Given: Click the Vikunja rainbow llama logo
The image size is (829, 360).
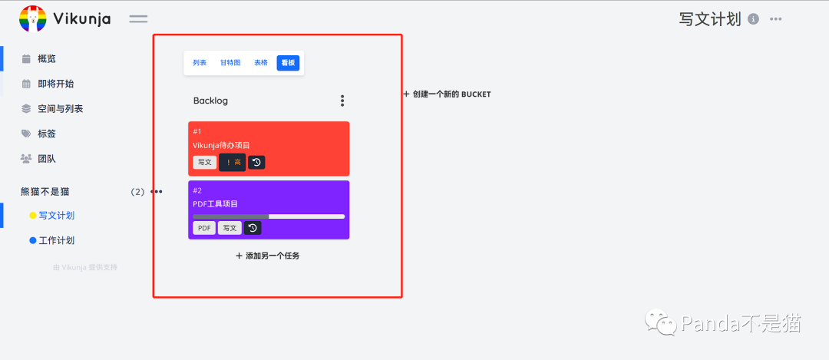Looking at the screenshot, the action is [32, 18].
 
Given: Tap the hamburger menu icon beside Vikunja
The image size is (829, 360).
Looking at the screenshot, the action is [138, 19].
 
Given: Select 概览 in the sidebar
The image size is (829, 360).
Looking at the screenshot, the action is [46, 58].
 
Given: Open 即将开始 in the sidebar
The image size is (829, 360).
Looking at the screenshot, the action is [55, 84].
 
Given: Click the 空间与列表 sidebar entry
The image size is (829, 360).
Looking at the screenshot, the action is [60, 109].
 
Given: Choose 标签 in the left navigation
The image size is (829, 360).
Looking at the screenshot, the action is [46, 134].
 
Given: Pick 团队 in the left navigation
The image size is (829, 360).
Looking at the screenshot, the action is [46, 159].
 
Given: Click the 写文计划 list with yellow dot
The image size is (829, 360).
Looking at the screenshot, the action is [56, 216].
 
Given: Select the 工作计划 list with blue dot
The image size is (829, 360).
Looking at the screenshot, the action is [56, 240].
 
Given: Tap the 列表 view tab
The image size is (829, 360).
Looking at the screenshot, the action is [200, 63].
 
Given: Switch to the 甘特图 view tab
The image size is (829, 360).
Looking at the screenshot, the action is [230, 63].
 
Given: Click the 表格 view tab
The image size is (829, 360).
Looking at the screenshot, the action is [261, 63].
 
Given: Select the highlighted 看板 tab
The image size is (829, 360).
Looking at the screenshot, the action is [288, 63].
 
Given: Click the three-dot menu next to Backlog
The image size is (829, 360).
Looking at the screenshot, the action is [342, 101].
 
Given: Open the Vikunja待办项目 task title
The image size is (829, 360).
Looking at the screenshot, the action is [222, 145].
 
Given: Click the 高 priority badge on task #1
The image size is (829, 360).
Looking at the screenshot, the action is [233, 162].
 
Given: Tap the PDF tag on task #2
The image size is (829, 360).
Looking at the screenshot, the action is [204, 228].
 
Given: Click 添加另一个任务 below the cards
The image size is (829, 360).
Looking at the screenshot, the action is [268, 256].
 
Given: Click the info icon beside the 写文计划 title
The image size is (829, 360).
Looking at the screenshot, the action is [753, 19].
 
